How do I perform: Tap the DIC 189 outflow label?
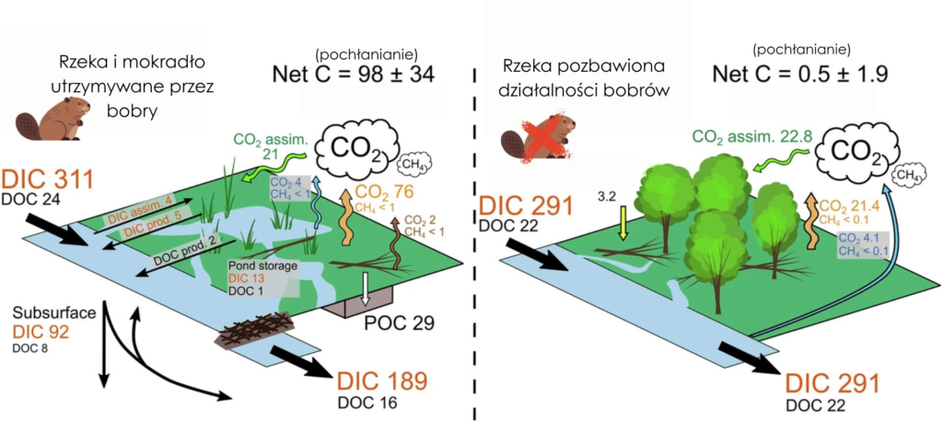point(382,381)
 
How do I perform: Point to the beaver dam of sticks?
point(256,331)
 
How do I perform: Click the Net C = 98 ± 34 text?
point(354,75)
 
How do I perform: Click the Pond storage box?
point(263,277)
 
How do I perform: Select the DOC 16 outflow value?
point(372,403)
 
